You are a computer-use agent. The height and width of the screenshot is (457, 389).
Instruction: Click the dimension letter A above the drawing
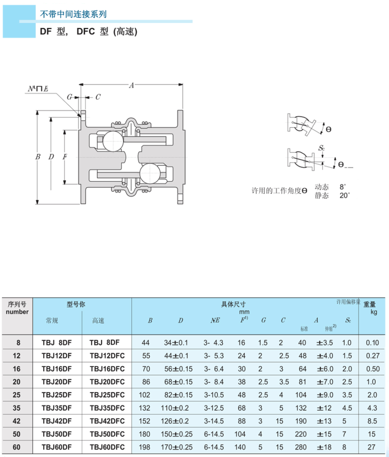[x=131, y=86]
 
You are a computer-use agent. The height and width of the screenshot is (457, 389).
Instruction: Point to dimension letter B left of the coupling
[x=37, y=157]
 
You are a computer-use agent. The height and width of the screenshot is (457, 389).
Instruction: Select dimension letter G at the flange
[x=70, y=97]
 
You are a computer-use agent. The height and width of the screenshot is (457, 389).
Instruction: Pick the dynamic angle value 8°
[x=343, y=187]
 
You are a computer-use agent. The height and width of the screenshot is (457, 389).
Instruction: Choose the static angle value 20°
[x=345, y=195]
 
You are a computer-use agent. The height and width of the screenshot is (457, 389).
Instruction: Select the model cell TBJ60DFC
[x=107, y=447]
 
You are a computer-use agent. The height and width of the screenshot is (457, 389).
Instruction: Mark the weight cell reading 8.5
[x=373, y=421]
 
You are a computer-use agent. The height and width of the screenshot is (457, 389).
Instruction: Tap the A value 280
[x=301, y=447]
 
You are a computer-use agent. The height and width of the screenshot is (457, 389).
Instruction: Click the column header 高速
[x=98, y=320]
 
